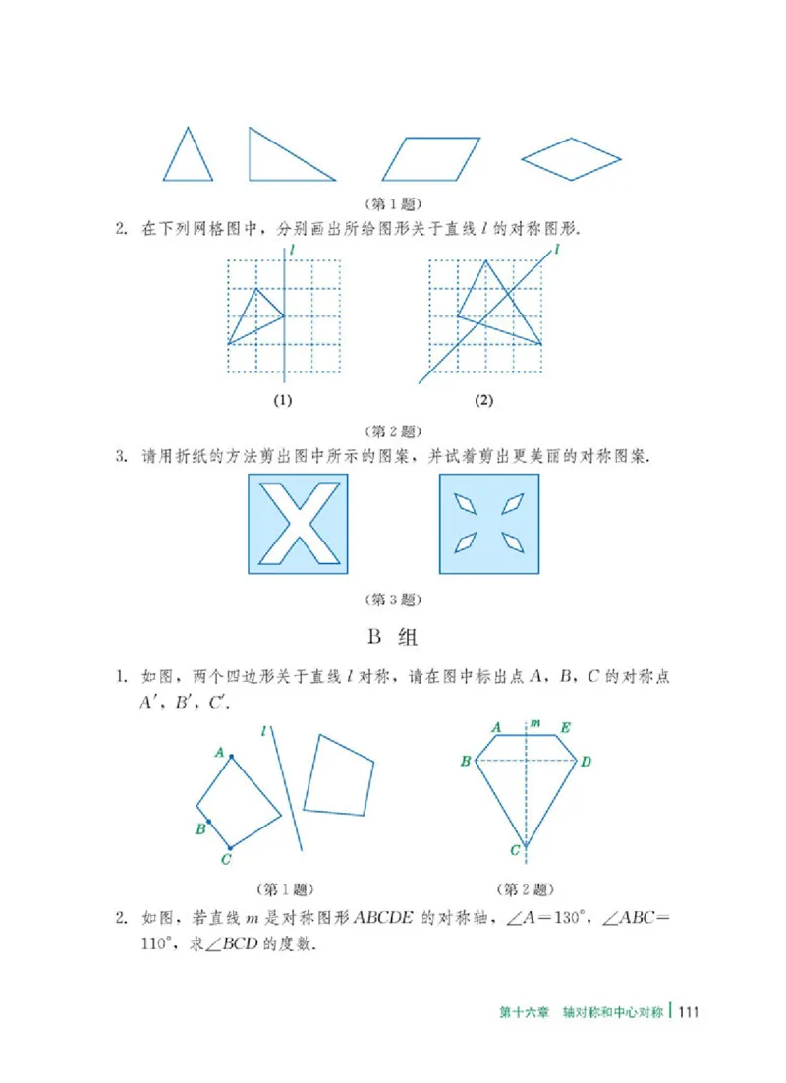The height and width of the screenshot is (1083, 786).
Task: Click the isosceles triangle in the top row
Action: (x=188, y=157)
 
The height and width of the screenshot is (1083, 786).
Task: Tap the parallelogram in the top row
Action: (x=431, y=159)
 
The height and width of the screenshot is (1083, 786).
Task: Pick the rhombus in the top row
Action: (x=571, y=157)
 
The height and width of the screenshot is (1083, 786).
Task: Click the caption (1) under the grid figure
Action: (x=284, y=400)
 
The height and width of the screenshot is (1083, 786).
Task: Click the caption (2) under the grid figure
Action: (x=483, y=400)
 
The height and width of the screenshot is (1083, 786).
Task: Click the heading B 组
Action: (x=393, y=637)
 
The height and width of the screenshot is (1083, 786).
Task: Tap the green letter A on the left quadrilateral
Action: (x=220, y=753)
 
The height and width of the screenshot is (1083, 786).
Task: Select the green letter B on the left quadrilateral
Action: (x=199, y=828)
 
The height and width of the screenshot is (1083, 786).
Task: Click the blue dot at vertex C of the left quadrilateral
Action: (x=231, y=847)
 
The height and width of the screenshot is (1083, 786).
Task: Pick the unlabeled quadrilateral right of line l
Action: (x=339, y=775)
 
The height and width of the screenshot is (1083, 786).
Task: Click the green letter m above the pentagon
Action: (x=534, y=724)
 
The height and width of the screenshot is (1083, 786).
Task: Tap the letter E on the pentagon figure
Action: (x=565, y=727)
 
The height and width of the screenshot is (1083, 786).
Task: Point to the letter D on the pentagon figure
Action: (x=586, y=762)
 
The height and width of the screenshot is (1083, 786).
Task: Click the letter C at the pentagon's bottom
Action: (x=515, y=851)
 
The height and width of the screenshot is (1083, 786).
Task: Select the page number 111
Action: (x=686, y=1013)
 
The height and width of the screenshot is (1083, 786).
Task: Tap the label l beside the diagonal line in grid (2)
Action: (x=557, y=251)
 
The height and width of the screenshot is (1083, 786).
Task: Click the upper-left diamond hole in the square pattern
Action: (x=465, y=504)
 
